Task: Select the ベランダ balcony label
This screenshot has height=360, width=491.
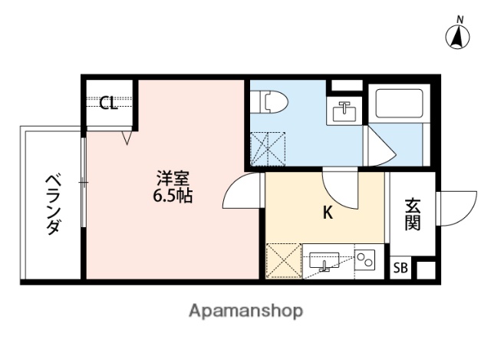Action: [51, 204]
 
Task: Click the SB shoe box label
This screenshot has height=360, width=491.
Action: [400, 268]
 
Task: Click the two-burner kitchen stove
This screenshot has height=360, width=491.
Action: [364, 261]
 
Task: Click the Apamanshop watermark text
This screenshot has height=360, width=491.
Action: [245, 311]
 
